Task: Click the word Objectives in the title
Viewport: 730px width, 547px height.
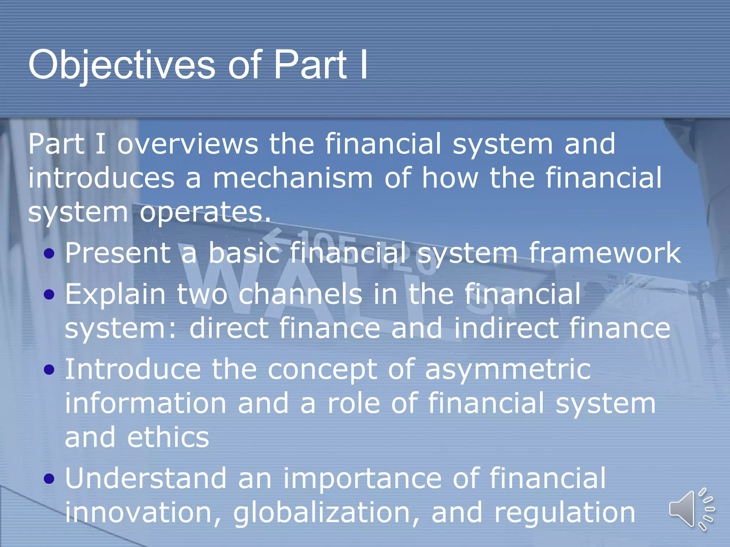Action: (121, 65)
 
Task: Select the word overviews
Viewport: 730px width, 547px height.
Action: (187, 144)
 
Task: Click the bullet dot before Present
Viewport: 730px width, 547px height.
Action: (49, 254)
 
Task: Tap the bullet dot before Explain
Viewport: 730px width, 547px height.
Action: (49, 295)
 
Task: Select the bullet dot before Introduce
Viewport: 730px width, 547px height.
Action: (49, 370)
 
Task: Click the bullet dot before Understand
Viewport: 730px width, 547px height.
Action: (49, 479)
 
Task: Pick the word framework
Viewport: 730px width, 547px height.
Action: (605, 253)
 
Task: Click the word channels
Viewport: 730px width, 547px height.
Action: (300, 295)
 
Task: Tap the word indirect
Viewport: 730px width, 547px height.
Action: (506, 328)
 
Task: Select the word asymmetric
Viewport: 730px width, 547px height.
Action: (508, 370)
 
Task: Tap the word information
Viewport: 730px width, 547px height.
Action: (145, 403)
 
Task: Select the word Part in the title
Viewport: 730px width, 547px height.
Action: (309, 65)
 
